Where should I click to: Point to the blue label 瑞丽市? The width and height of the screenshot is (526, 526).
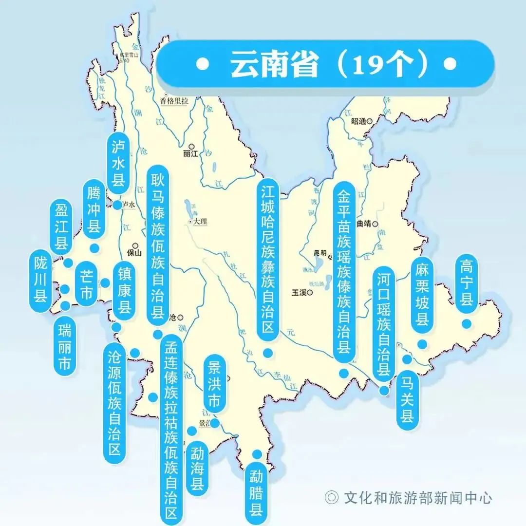[x=64, y=344]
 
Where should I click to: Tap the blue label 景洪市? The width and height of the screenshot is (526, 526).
[x=214, y=384]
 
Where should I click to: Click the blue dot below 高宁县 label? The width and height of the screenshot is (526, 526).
[x=467, y=323]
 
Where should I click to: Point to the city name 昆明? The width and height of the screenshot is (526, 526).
[x=320, y=252]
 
